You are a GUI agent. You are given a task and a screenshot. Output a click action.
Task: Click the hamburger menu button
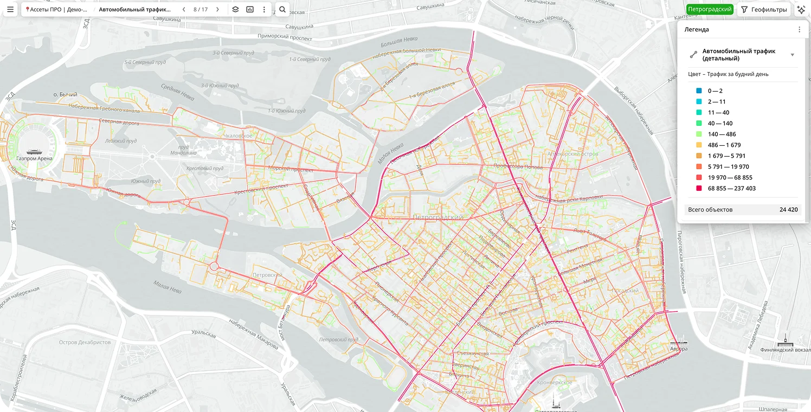click(x=10, y=9)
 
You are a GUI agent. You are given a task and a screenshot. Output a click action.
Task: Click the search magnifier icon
click(x=282, y=9)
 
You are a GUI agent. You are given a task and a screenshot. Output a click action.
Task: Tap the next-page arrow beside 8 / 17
click(x=217, y=9)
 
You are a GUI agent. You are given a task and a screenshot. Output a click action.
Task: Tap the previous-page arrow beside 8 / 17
click(x=184, y=9)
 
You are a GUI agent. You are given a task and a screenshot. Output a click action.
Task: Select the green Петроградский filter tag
click(x=710, y=9)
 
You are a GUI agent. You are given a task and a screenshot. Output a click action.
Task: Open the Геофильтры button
click(x=763, y=9)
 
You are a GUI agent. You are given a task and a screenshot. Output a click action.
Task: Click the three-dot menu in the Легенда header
click(x=799, y=29)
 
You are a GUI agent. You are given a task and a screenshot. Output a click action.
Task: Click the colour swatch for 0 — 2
click(x=699, y=91)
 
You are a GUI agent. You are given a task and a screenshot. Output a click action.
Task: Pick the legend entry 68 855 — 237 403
click(x=731, y=188)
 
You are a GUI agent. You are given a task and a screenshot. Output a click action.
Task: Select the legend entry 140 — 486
click(x=722, y=134)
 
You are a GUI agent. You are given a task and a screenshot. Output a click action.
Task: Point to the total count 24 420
click(x=788, y=210)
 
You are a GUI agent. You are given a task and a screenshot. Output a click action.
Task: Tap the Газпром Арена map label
click(x=35, y=158)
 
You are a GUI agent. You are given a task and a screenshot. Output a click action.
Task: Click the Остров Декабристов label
click(x=85, y=343)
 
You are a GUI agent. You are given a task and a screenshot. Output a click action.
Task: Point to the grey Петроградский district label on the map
click(x=437, y=217)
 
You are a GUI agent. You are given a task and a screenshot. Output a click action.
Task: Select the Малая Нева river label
click(x=167, y=286)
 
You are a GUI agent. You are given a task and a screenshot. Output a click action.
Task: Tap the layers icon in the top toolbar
click(x=235, y=9)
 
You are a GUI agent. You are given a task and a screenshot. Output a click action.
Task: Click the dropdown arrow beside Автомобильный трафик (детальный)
click(x=793, y=55)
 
